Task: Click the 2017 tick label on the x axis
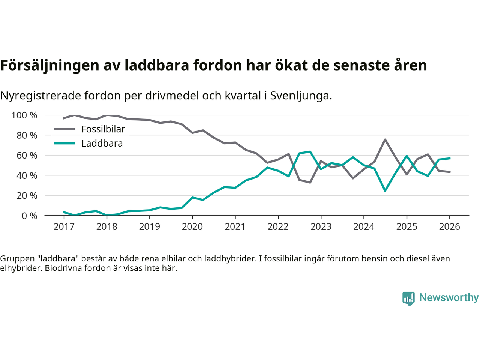tap(64, 226)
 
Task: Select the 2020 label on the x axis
tap(192, 226)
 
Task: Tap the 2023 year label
tap(321, 226)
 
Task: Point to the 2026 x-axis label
tap(450, 226)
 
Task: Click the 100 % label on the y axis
tap(24, 115)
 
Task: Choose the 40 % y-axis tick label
tap(27, 175)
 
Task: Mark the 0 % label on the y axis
tap(29, 216)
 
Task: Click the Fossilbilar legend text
tap(103, 129)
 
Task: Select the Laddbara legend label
tap(102, 144)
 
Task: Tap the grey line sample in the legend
tap(64, 129)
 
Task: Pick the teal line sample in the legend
tap(64, 144)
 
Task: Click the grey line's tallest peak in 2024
tap(385, 139)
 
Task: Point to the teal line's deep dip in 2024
tap(385, 191)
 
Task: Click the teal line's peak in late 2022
tap(310, 151)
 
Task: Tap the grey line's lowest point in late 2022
tap(310, 183)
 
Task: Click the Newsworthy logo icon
tap(408, 298)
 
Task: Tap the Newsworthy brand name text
tap(449, 297)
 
